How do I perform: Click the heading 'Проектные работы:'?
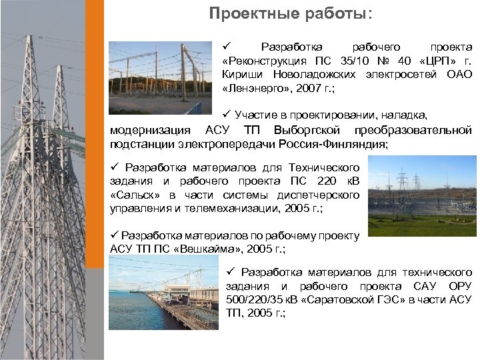291,13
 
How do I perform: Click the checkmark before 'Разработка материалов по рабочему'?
114,235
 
